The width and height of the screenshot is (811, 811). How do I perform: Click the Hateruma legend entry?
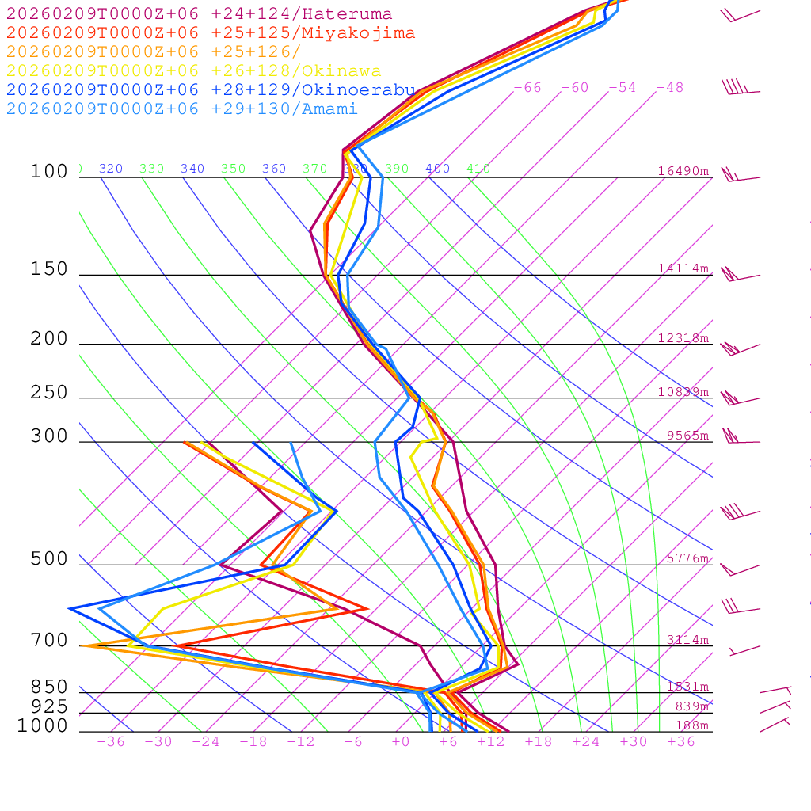point(199,14)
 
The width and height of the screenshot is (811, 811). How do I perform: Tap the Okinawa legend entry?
point(193,71)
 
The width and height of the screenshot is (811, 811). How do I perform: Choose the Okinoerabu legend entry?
point(211,90)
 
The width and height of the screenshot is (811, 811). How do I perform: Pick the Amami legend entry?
point(181,109)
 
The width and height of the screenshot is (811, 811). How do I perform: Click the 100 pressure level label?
point(49,172)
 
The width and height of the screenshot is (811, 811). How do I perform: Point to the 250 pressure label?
point(49,393)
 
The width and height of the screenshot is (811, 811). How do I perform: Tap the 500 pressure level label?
point(49,559)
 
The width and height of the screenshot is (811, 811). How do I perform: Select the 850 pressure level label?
point(49,687)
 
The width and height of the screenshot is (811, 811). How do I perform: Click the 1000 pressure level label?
point(43,726)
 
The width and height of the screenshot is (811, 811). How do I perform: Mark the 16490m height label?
point(683,171)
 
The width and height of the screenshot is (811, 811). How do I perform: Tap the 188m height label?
point(691,725)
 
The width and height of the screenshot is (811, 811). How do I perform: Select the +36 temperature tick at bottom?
point(681,741)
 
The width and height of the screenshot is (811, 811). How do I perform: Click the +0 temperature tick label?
point(401,741)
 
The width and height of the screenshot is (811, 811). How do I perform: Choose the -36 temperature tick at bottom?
point(111,741)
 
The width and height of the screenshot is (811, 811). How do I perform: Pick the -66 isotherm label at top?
point(527,87)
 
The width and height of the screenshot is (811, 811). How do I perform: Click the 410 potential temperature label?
point(478,169)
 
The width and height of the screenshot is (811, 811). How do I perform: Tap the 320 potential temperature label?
point(111,169)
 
